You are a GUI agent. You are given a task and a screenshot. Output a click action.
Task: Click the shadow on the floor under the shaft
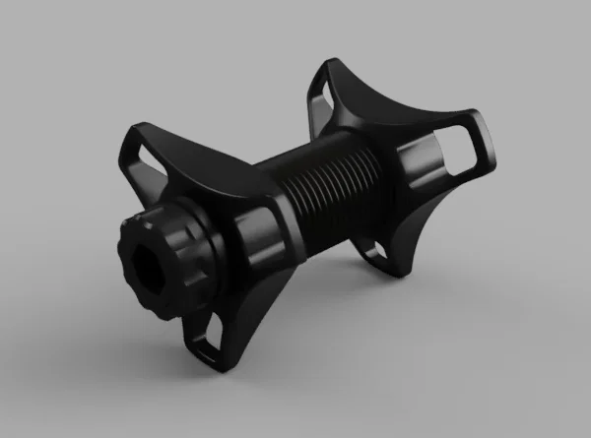click(325, 295)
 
